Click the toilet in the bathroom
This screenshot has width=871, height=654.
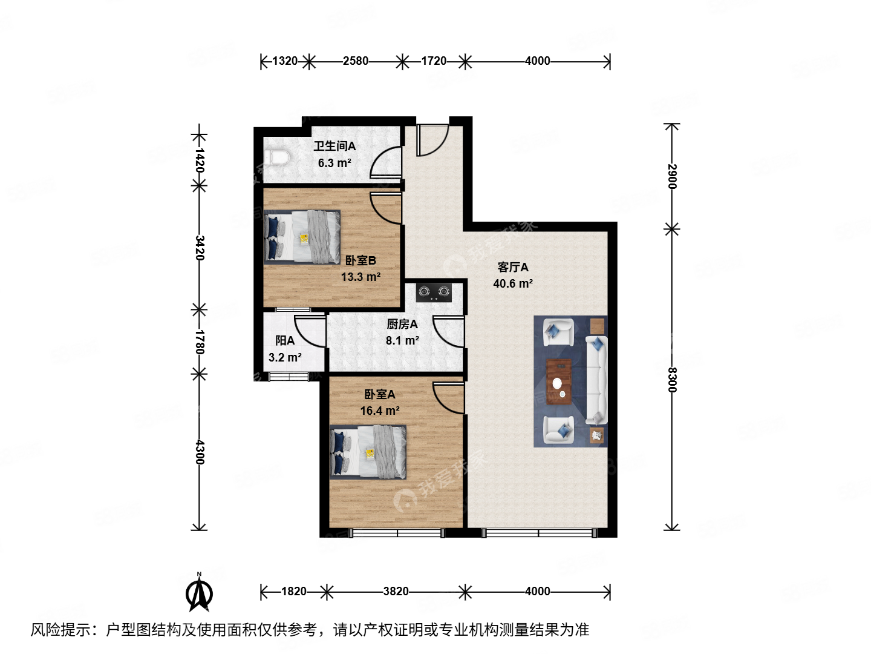tap(279, 157)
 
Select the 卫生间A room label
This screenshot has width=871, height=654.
tap(334, 146)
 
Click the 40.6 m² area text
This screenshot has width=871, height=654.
tap(512, 283)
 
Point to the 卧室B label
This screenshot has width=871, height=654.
tap(360, 260)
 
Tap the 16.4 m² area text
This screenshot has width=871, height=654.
tap(379, 411)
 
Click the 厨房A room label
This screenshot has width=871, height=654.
tap(402, 324)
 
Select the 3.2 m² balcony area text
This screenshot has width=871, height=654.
tap(285, 357)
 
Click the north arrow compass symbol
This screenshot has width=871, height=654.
tap(198, 593)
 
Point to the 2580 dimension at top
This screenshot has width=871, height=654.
tap(355, 61)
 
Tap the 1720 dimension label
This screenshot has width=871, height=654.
tap(434, 61)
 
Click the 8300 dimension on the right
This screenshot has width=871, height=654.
tap(672, 380)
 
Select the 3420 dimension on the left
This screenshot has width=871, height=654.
tap(200, 248)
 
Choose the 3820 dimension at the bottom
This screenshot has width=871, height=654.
tap(396, 591)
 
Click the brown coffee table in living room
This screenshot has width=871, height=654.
tap(559, 381)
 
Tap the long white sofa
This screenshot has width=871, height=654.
tap(596, 380)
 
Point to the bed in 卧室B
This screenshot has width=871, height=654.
tap(302, 237)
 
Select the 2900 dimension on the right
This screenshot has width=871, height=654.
tap(672, 176)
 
